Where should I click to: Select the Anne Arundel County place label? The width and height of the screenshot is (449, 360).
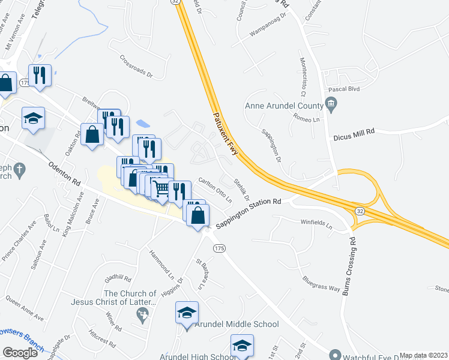(x=284, y=107)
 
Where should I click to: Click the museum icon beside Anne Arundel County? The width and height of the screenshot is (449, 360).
(x=331, y=106)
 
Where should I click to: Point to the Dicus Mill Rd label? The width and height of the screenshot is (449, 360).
(x=354, y=131)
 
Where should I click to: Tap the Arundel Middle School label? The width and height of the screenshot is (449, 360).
(x=237, y=325)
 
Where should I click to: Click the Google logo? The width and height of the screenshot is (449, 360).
(x=20, y=353)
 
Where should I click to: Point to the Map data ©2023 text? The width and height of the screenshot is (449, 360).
(x=423, y=355)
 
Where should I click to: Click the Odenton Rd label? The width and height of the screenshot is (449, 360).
(x=65, y=172)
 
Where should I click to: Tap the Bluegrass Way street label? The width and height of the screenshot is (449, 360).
(x=321, y=283)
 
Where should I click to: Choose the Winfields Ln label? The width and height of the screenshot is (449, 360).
(x=316, y=224)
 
